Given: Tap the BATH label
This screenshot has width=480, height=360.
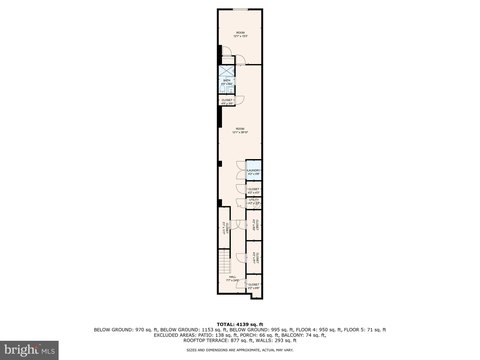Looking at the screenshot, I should coord(228,83).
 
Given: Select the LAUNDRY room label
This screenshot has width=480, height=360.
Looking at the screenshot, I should coord(253,172).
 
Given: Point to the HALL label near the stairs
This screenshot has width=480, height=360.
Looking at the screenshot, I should coord(231,280).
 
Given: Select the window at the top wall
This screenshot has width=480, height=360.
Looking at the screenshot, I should coord(240,9).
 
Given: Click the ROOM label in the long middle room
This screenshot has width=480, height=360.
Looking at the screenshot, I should coord(240,129).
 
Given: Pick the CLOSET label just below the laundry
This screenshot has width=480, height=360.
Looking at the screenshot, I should coord(253,190).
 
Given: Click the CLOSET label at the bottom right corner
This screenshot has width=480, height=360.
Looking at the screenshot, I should coord(253,286).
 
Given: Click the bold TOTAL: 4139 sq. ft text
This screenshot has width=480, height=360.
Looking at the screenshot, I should coord(240,323).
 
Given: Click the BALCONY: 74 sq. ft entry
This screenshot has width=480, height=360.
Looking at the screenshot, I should coord(297,334).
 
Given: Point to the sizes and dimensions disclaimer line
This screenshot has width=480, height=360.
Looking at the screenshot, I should coord(240,346).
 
